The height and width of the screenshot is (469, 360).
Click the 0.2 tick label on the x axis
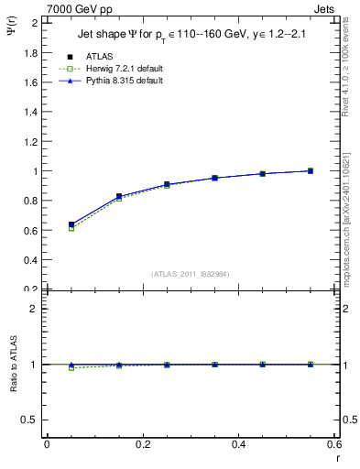143,444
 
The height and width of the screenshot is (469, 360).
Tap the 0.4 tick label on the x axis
239,444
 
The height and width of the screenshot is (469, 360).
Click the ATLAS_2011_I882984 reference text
191,273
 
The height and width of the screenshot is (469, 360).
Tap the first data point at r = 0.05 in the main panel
71,224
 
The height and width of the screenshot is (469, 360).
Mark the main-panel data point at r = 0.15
119,196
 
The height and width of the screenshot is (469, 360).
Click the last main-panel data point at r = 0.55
311,170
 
